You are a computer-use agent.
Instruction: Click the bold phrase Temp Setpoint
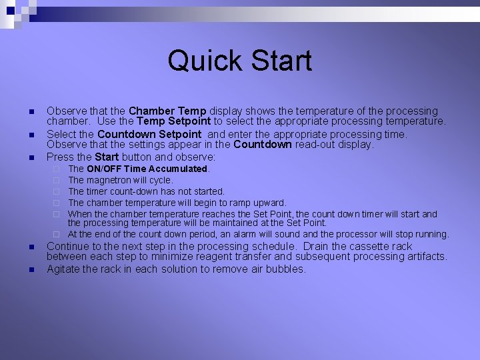pos(173,121)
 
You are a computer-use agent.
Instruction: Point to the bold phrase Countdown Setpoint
pos(149,134)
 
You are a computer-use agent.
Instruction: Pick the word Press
pos(59,157)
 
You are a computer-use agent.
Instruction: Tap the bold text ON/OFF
pos(104,169)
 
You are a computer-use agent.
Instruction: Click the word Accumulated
pos(179,169)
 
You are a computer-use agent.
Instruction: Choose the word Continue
pos(68,246)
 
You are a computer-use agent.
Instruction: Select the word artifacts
pos(422,257)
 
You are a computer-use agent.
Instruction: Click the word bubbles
pos(286,269)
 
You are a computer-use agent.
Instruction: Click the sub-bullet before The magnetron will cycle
pos(57,180)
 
